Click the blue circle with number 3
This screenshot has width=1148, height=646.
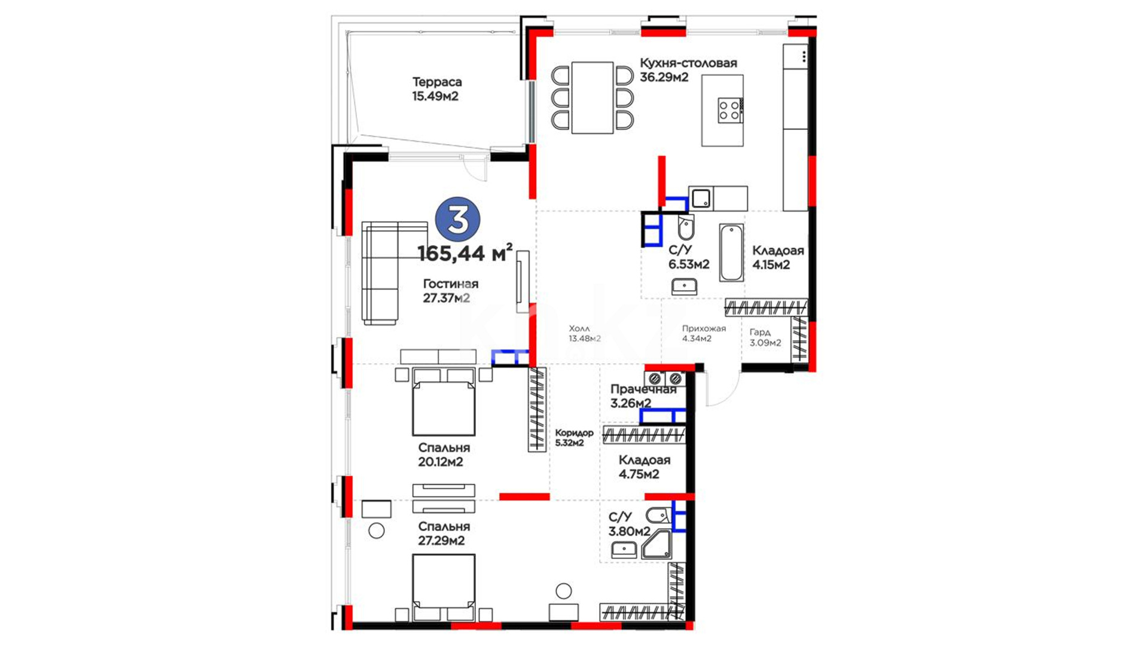458,220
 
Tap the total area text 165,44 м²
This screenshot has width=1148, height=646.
465,253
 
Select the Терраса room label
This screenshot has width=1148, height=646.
436,89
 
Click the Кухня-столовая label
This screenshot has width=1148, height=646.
688,69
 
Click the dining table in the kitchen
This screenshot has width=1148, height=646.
593,97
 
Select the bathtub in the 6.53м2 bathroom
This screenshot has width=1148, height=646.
732,252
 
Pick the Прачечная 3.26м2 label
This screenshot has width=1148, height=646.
643,396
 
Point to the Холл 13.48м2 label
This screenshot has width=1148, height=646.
584,333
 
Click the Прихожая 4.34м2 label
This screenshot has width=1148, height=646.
704,333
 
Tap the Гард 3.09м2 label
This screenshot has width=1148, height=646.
765,337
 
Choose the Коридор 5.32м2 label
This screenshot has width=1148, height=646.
574,437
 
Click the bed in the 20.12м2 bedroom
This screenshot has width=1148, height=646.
444,401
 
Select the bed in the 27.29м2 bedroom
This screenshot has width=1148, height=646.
444,587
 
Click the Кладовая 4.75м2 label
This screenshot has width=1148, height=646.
644,467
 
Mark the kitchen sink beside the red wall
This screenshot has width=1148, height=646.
701,198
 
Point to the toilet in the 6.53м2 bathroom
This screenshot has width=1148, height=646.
686,227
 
